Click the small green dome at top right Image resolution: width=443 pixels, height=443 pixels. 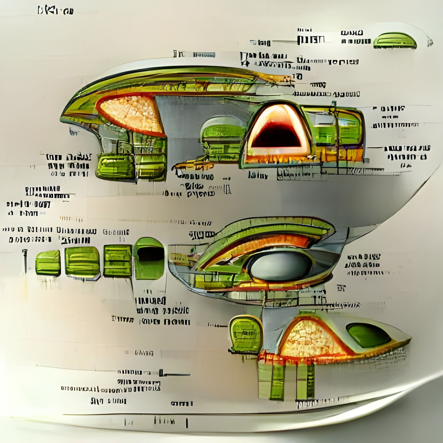[395, 41]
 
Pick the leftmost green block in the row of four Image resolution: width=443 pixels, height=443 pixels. [48, 263]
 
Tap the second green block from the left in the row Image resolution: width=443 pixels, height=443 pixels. [82, 262]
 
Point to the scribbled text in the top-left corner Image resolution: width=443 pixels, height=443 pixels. [55, 11]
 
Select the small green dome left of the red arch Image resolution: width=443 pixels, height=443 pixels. [221, 136]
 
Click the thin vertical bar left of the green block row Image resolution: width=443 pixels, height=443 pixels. [25, 260]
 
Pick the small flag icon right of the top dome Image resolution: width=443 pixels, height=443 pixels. [430, 42]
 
